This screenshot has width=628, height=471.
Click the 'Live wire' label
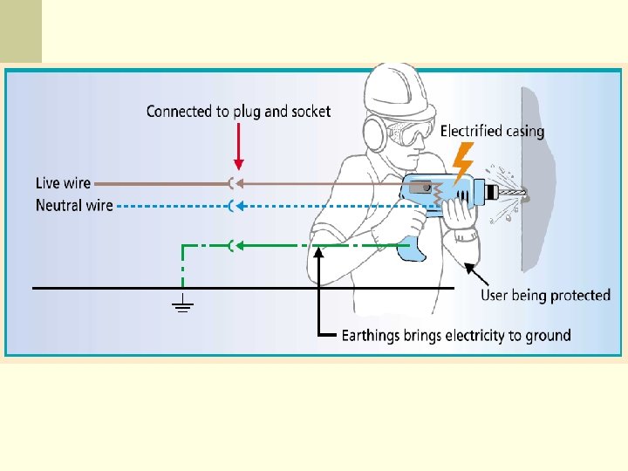coord(62,183)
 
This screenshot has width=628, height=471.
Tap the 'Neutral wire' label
coord(73,206)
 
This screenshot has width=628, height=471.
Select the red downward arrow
coord(239,148)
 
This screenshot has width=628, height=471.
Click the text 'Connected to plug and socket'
coord(238,111)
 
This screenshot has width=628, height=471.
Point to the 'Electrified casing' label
coord(492,132)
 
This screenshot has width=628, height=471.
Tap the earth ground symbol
coord(182,305)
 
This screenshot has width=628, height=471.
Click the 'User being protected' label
coord(545,295)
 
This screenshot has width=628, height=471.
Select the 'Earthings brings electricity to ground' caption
coord(456,336)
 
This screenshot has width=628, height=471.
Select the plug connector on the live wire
coord(231,183)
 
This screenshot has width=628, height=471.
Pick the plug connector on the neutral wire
coord(231,206)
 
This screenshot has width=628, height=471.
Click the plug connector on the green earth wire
coord(231,246)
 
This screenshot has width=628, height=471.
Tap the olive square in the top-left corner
coord(20,31)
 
